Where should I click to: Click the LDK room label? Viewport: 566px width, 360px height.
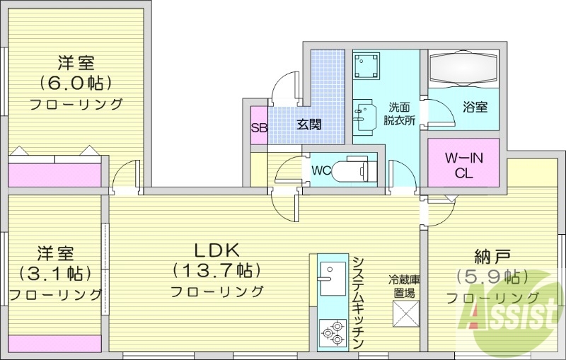[216, 250]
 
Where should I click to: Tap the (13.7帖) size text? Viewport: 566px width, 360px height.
[216, 270]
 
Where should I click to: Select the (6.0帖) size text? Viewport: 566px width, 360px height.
[76, 83]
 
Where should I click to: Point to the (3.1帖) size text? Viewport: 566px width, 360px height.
[55, 273]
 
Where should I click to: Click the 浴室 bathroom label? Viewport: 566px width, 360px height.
[475, 108]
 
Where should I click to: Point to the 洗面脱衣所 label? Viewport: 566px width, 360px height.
[399, 114]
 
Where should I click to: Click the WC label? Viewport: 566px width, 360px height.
[321, 170]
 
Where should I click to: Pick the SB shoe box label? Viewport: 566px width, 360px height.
[258, 128]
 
